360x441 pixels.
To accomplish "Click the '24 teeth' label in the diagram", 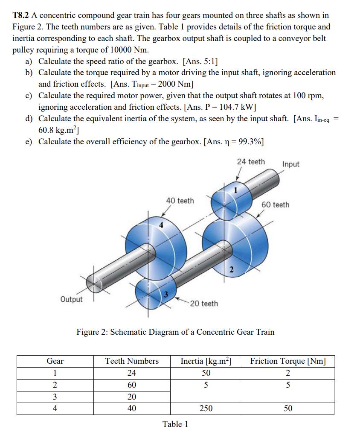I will point(251,162).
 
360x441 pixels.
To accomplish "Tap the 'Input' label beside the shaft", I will point(291,164).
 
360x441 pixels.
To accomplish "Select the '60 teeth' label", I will point(275,205).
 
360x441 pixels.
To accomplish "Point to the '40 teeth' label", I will point(180,201).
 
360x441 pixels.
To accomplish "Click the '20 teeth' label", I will point(204,304).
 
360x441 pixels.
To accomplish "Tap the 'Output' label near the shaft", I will point(71,299).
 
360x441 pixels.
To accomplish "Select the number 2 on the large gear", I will point(231,269).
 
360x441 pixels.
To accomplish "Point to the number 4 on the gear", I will point(161,225).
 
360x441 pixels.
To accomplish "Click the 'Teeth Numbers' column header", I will point(132,361).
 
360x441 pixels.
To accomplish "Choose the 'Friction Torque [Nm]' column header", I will point(288,361).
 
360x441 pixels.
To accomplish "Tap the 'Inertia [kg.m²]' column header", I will point(206,361).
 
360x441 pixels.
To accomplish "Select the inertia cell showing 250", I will point(206,409).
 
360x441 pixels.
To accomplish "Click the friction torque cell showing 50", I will point(288,409).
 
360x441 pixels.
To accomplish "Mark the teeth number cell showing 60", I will point(132,385).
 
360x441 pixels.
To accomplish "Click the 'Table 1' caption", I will point(175,424).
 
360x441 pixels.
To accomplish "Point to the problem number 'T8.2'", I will point(20,15).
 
